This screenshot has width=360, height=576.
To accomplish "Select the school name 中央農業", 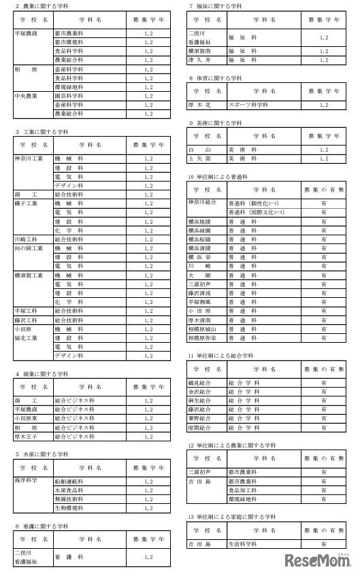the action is [27, 97].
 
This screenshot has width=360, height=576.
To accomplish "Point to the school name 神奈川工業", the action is [30, 159].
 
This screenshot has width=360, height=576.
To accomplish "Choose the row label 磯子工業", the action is [27, 203].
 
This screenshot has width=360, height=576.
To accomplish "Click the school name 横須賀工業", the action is [29, 275].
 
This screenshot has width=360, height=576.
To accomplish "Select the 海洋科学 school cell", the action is [27, 480].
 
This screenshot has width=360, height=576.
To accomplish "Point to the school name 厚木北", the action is [201, 105].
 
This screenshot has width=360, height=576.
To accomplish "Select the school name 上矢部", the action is [201, 158].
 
